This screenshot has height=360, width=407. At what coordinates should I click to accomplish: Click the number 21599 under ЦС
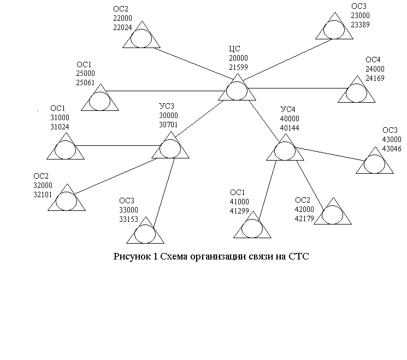(x=238, y=67)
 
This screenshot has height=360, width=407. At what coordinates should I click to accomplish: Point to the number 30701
(x=168, y=125)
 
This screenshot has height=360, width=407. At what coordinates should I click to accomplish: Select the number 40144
(x=290, y=128)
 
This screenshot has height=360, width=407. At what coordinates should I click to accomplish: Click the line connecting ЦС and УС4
(x=264, y=121)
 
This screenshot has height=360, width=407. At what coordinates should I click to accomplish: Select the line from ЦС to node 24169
(x=297, y=88)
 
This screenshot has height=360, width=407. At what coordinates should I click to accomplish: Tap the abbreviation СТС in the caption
(x=298, y=256)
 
